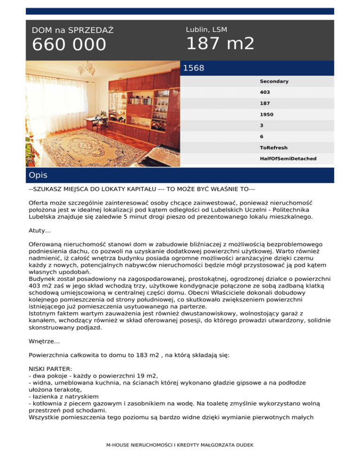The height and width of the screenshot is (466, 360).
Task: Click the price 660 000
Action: pos(69,45)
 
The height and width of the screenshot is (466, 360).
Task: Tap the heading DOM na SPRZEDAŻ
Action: pos(72,30)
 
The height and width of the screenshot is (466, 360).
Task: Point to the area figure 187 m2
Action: pos(220,44)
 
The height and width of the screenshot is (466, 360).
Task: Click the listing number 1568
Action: pos(194,68)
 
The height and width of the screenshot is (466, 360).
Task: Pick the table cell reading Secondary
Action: pos(274,82)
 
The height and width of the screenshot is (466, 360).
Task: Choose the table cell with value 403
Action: pos(265,92)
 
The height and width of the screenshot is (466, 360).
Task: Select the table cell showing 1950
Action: pos(267,114)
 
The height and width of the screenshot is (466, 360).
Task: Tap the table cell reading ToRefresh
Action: pos(274,148)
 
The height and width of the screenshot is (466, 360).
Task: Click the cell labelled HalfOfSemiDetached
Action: pos(288,158)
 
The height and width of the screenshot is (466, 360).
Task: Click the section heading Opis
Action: pos(37,175)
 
